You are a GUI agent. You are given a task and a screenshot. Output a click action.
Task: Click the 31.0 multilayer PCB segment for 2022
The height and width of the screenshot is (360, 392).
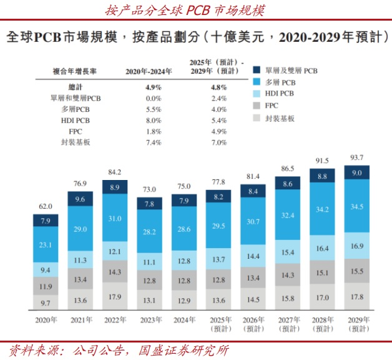[x=115, y=217]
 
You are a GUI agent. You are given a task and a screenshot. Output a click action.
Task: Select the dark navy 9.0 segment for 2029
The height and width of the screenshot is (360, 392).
[x=356, y=172]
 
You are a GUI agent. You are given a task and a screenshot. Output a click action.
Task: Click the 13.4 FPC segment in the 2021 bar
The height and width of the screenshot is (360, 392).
[x=81, y=279]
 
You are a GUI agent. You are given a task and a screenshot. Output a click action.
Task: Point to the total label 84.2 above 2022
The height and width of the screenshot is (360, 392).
[x=115, y=172]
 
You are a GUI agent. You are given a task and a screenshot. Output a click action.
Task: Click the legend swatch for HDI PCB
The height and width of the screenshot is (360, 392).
[x=256, y=93]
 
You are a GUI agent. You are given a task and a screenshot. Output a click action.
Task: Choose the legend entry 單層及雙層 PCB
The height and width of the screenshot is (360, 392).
[x=286, y=71]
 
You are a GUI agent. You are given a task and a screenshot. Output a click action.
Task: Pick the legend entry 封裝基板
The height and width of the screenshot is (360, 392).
[x=279, y=117]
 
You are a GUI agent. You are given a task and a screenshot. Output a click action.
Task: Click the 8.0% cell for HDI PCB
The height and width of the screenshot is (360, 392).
[x=152, y=121]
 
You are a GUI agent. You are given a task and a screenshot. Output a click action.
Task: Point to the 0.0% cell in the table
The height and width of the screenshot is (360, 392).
[x=152, y=98]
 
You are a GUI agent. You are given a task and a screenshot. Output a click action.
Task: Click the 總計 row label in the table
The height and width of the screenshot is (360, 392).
[x=76, y=87]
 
